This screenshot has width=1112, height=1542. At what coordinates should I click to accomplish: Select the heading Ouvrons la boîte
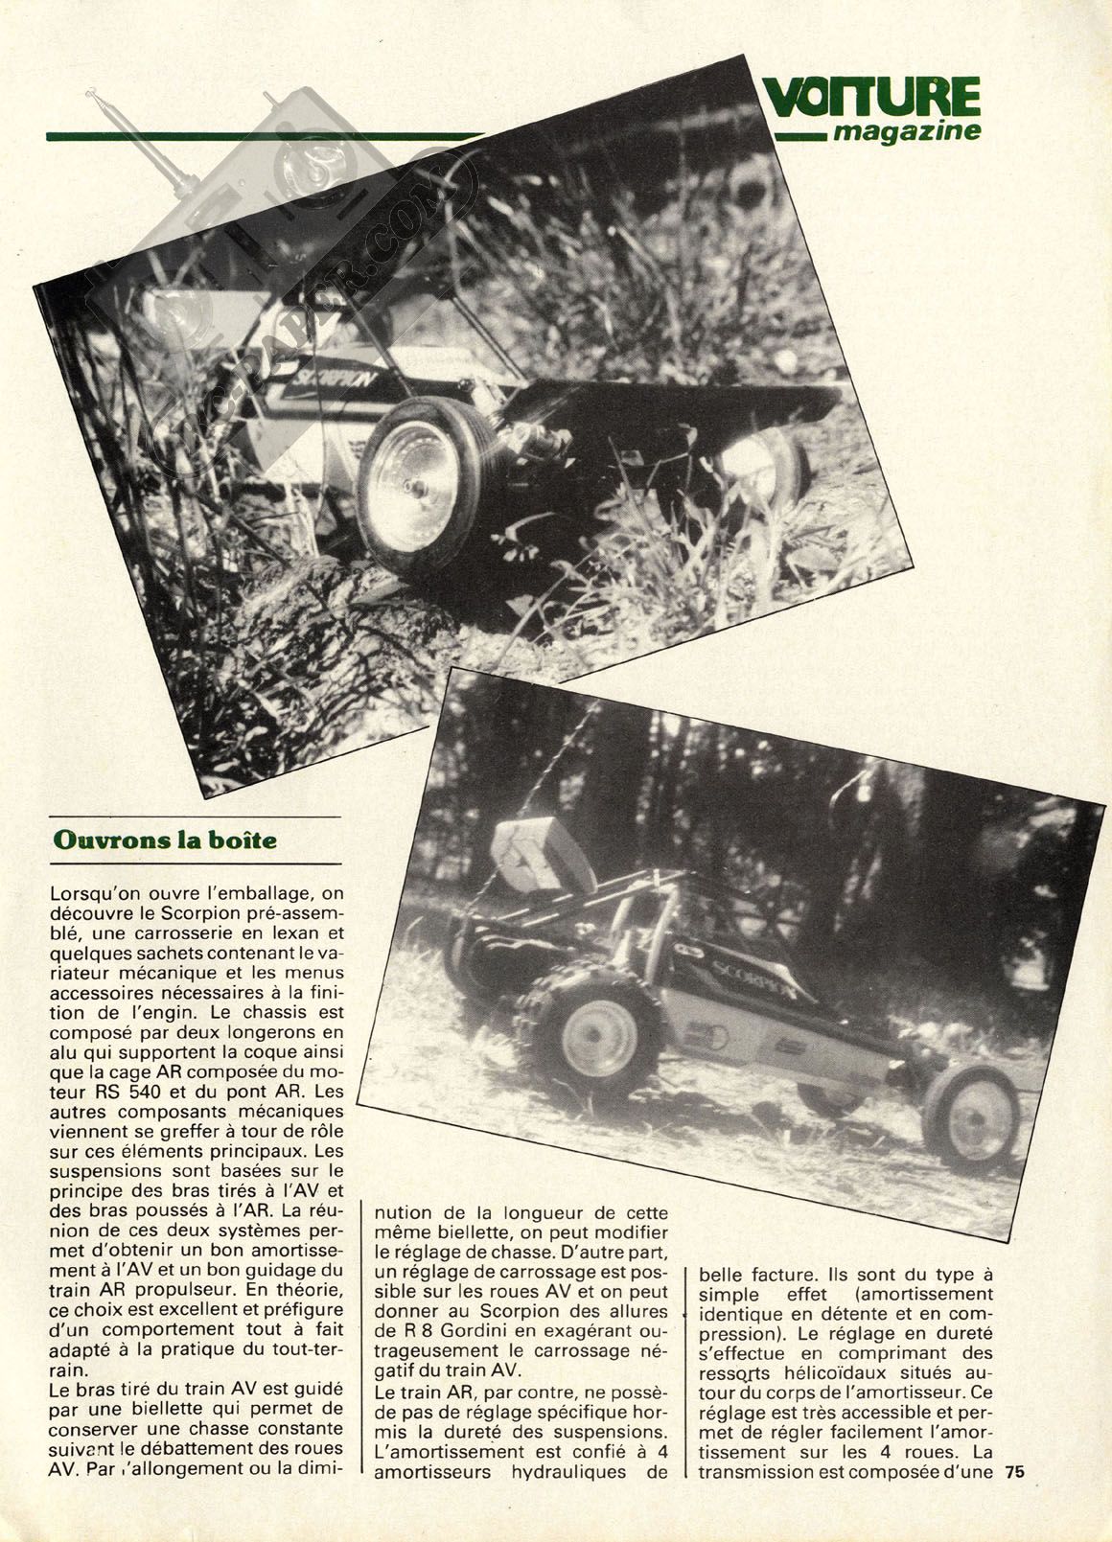(x=165, y=840)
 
